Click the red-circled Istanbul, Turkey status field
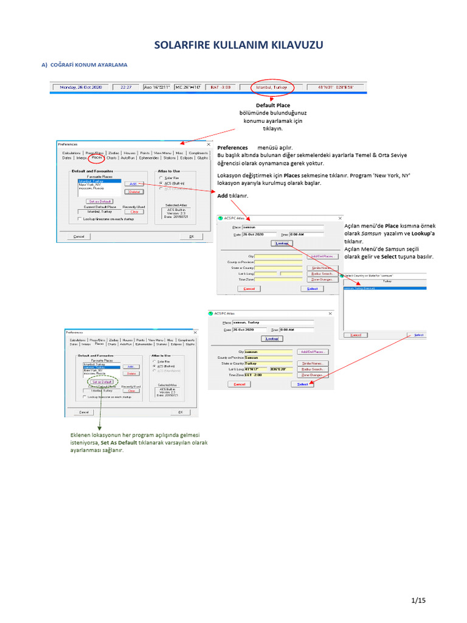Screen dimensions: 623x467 point(271,87)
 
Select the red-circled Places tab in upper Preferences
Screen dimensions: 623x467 point(97,158)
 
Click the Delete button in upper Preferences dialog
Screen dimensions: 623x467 point(134,192)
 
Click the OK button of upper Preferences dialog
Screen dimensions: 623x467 point(191,237)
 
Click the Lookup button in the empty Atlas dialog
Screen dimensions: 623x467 point(282,243)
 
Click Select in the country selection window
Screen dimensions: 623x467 point(418,335)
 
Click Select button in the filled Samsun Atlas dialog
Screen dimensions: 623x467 point(302,385)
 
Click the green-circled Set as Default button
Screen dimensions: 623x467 point(100,381)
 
